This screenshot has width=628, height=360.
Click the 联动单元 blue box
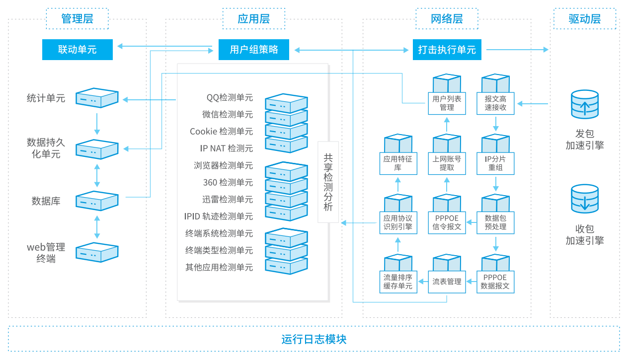78,50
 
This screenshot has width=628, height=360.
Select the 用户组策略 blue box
254,50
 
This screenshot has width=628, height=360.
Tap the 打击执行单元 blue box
447,50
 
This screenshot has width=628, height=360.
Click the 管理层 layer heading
78,19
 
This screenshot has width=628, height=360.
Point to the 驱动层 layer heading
585,19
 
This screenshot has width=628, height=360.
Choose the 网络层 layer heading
447,19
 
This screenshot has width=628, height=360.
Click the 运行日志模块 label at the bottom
314,339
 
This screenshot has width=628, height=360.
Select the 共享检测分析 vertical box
328,182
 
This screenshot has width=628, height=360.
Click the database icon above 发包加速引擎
585,104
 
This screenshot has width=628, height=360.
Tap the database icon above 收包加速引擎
585,199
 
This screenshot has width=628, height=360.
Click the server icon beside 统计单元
97,98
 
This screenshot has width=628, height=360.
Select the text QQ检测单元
230,97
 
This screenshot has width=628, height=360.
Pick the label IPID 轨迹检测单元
219,216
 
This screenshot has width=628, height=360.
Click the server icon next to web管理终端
97,252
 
